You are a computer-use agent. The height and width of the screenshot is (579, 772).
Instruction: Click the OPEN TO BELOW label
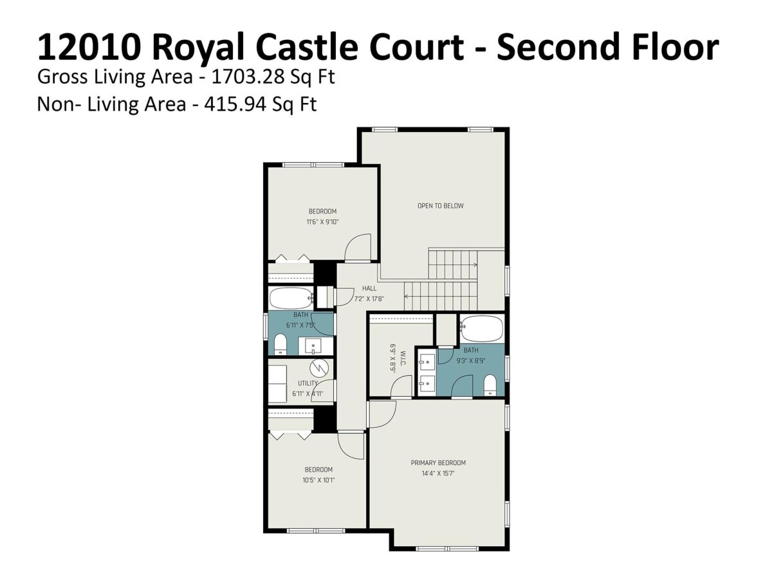pos(440,206)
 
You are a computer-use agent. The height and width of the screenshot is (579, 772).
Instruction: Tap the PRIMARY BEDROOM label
pos(438,463)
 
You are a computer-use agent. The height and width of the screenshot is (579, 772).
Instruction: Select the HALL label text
pos(369,288)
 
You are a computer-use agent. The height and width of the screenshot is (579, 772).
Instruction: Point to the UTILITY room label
pos(308,383)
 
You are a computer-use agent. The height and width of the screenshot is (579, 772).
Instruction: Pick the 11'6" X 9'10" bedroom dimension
pos(322,222)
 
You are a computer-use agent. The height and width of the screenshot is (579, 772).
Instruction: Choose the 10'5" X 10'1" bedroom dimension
pos(318,480)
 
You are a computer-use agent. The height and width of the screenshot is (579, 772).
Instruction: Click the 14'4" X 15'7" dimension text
pos(438,473)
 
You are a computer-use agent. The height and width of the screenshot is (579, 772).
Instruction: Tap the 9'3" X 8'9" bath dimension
pos(471,361)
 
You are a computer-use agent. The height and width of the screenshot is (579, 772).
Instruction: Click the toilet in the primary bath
pos(490,385)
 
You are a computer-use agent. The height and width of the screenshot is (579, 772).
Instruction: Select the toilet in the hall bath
pos(280,344)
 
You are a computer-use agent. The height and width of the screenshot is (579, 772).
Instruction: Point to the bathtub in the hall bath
pos(291,299)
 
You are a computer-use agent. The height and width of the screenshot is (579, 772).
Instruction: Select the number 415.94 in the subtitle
pos(235,104)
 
